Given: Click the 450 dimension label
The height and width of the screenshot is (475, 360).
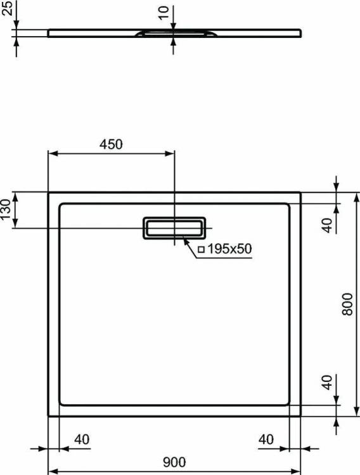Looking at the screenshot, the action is click(x=111, y=144).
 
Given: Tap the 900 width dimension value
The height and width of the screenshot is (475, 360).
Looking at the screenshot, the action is click(x=174, y=462).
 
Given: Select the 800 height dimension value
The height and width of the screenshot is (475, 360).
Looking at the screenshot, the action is click(x=347, y=304).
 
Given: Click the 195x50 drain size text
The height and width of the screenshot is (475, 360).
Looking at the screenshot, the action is click(x=229, y=249).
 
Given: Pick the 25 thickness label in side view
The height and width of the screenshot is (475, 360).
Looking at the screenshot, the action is click(x=7, y=8).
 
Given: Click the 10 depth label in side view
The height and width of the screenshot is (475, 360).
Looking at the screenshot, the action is click(x=164, y=13).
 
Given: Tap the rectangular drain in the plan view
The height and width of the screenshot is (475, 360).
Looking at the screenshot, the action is click(x=174, y=228).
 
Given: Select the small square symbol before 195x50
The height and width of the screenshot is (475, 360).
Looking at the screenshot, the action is click(x=202, y=250).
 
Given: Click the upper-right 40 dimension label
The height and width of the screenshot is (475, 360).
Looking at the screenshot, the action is click(x=327, y=225).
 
